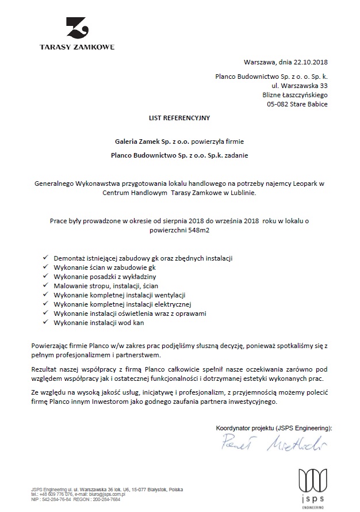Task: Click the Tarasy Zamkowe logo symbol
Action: pyautogui.click(x=76, y=29)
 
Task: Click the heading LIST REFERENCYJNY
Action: pyautogui.click(x=179, y=118)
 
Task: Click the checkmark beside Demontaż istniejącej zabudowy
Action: pyautogui.click(x=46, y=258)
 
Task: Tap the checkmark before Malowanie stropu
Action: pyautogui.click(x=46, y=285)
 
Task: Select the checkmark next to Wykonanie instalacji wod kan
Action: pyautogui.click(x=46, y=323)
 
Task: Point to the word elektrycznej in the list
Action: pyautogui.click(x=172, y=304)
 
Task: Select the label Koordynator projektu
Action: pyautogui.click(x=244, y=429)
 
